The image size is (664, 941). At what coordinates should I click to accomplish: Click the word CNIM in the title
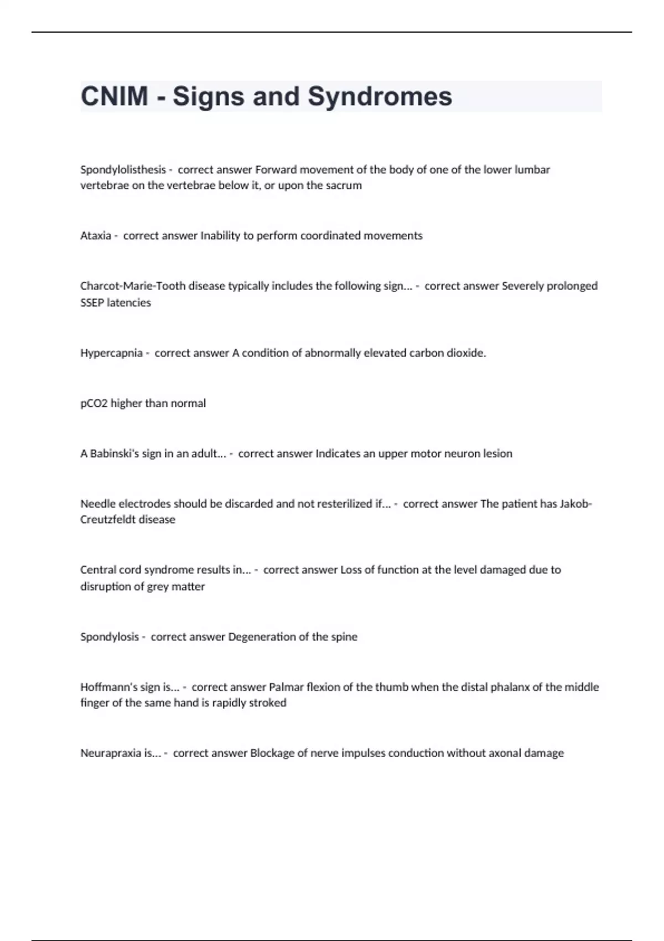tap(114, 96)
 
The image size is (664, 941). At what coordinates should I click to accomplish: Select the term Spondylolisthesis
tap(123, 169)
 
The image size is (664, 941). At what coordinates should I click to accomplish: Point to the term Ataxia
tap(95, 236)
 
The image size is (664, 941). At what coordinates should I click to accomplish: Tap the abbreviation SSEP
tap(92, 303)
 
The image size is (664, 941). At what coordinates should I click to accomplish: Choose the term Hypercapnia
tap(111, 353)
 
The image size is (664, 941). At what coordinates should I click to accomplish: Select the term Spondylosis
tap(110, 637)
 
